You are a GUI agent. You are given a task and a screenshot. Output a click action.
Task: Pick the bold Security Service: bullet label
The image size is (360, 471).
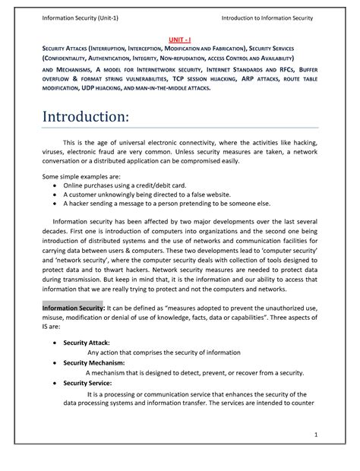click(x=89, y=383)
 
